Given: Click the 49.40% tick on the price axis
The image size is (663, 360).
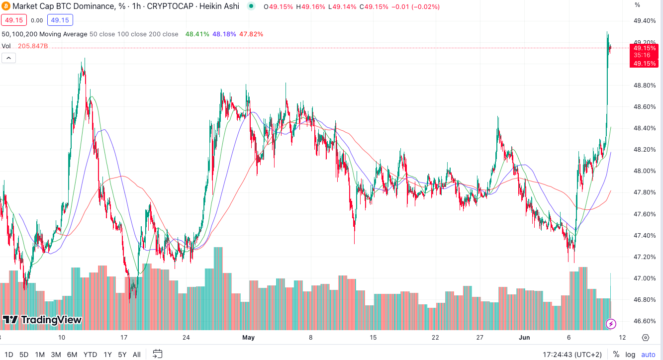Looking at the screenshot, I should tap(644, 21).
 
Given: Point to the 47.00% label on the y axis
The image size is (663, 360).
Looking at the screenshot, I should tap(644, 278).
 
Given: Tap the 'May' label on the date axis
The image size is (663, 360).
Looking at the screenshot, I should tap(248, 337).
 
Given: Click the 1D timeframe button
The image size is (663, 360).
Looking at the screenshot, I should tap(8, 355).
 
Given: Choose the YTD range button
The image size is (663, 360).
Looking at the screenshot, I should tap(90, 355).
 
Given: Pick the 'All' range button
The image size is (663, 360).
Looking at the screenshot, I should tap(137, 355).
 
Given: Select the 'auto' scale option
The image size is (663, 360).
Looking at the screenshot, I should tap(648, 355).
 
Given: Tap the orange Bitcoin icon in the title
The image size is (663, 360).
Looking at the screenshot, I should tap(6, 6).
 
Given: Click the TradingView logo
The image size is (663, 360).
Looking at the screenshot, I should tap(42, 320).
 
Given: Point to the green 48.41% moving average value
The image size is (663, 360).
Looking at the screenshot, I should tap(196, 34).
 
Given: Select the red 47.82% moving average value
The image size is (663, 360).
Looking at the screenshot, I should tap(251, 34).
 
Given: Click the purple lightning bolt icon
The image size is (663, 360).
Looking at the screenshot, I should tap(611, 324).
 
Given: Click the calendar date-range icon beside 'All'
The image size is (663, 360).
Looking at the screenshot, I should tap(157, 354).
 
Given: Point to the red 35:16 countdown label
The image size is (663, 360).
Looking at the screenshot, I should tap(644, 55).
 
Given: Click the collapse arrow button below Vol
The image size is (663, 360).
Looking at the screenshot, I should tap(9, 58).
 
